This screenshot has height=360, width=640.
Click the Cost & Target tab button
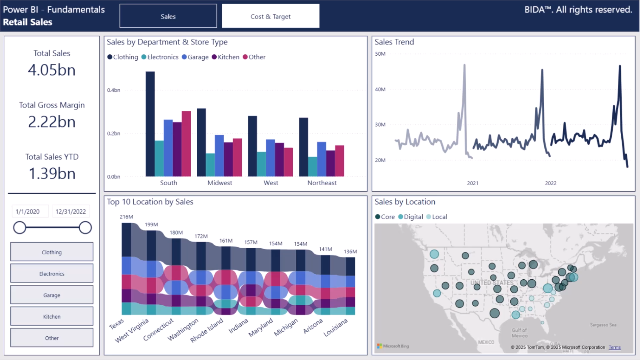pyautogui.click(x=270, y=16)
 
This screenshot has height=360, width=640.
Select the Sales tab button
pyautogui.click(x=168, y=16)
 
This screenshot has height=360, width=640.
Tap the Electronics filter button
pyautogui.click(x=52, y=274)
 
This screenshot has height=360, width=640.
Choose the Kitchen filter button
pyautogui.click(x=52, y=316)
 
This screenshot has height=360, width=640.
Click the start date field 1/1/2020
pyautogui.click(x=28, y=212)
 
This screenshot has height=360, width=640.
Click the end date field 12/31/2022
pyautogui.click(x=71, y=212)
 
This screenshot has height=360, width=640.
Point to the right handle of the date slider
pyautogui.click(x=85, y=228)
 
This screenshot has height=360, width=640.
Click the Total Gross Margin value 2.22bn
pyautogui.click(x=52, y=122)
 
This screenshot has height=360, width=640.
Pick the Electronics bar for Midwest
pyautogui.click(x=210, y=165)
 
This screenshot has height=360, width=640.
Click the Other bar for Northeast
pyautogui.click(x=340, y=161)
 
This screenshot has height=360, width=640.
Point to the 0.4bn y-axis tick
pyautogui.click(x=114, y=90)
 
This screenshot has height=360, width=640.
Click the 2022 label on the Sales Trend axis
pyautogui.click(x=551, y=183)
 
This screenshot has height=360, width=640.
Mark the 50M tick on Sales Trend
pyautogui.click(x=380, y=54)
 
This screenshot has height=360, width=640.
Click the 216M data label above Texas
pyautogui.click(x=126, y=217)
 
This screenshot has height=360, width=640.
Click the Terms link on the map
pyautogui.click(x=614, y=347)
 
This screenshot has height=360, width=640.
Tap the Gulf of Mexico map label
pyautogui.click(x=519, y=333)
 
